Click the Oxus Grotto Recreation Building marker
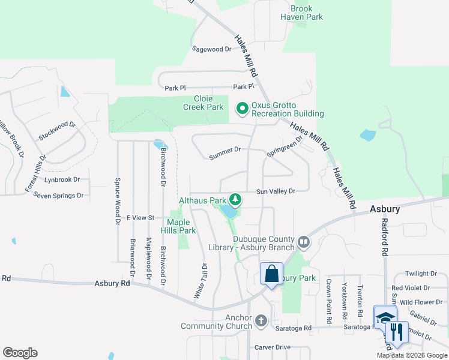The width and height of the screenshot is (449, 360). coord(243,109)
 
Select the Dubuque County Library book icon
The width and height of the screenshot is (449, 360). coord(304,242)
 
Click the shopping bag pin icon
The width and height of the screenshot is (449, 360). coord(271,274)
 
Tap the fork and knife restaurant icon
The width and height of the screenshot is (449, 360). coord(396,331)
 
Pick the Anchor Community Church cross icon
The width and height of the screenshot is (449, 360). coord(261,321)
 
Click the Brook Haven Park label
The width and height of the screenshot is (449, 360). coord(301,13)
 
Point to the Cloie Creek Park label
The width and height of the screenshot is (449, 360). coord(203,103)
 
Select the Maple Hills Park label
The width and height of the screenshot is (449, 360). coord(177,226)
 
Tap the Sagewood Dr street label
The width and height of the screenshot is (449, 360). coord(211,49)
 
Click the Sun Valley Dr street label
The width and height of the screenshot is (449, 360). coord(276,191)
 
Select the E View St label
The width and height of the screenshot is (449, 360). coord(140,217)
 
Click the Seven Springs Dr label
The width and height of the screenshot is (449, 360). coord(58,196)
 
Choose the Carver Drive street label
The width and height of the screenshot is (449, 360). coord(272,347)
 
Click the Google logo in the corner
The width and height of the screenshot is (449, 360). coord(20,353)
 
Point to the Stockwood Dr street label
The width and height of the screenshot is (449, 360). coord(57,131)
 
